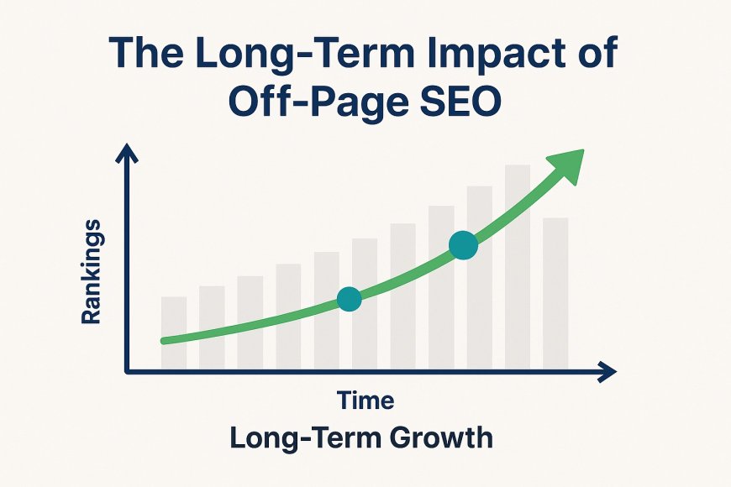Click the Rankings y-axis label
pyautogui.click(x=91, y=272)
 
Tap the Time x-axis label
pyautogui.click(x=365, y=401)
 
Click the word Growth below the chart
pyautogui.click(x=440, y=438)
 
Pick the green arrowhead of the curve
pyautogui.click(x=566, y=165)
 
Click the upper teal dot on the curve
pyautogui.click(x=464, y=244)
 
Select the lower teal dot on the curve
pyautogui.click(x=350, y=299)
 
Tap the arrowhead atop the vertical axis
pyautogui.click(x=127, y=153)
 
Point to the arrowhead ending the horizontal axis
pyautogui.click(x=607, y=372)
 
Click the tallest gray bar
pyautogui.click(x=518, y=267)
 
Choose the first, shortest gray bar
pyautogui.click(x=174, y=333)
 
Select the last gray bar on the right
pyautogui.click(x=555, y=294)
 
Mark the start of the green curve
pyautogui.click(x=164, y=341)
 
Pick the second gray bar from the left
pyautogui.click(x=212, y=327)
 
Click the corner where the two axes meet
pyautogui.click(x=127, y=372)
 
